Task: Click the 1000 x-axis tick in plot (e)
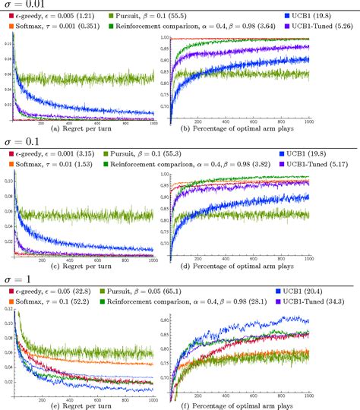153,395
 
